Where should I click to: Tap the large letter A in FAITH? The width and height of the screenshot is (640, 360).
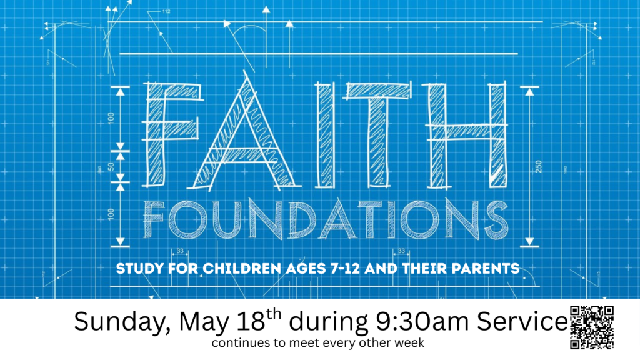click(245, 163)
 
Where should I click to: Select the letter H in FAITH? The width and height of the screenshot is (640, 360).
click(465, 135)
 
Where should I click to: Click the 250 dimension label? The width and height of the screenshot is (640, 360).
click(538, 166)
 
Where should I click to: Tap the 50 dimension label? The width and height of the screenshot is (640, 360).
click(111, 166)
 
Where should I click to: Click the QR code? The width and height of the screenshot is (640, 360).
click(592, 327)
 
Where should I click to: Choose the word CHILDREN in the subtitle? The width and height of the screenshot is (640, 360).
click(242, 269)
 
